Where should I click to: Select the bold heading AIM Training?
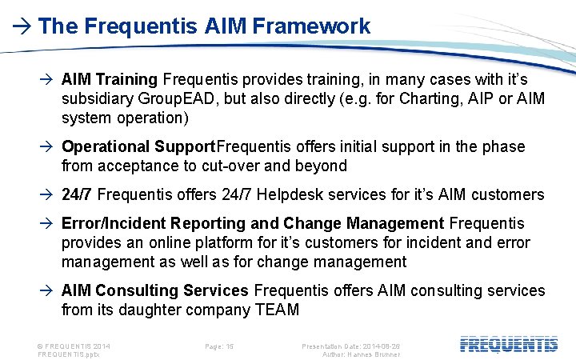pyautogui.click(x=110, y=79)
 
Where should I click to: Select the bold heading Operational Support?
pyautogui.click(x=138, y=146)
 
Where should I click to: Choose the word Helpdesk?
pyautogui.click(x=309, y=194)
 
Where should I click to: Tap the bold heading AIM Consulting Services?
pyautogui.click(x=155, y=290)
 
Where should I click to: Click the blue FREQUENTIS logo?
pyautogui.click(x=509, y=345)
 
